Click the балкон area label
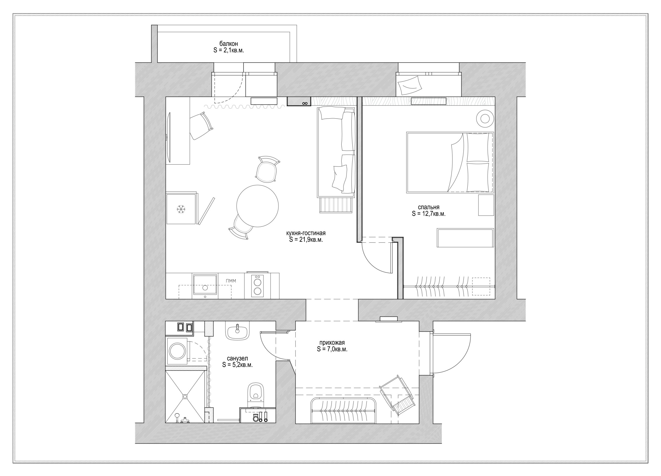pos(229,47)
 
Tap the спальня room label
pos(428,210)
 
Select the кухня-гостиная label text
pos(306,236)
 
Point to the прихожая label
pos(332,346)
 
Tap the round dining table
pos(257,206)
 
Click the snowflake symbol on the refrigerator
pos(181,209)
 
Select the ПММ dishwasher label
pos(231,281)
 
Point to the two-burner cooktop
pos(257,286)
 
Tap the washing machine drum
pos(177,351)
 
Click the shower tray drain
pos(185,396)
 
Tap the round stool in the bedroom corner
pos(485,118)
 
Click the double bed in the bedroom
pos(450,163)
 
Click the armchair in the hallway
pos(398,395)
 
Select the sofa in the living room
pos(336,152)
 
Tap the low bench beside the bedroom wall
pos(465,238)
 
